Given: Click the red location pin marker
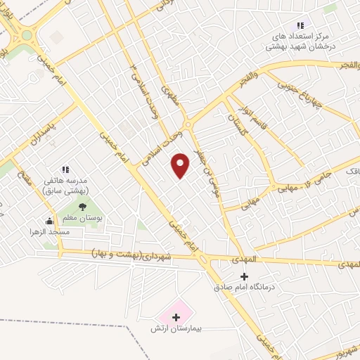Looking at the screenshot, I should (181, 165).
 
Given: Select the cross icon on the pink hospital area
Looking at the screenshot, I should (176, 318).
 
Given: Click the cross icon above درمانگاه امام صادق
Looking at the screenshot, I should (244, 276).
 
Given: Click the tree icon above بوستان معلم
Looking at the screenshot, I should (83, 207).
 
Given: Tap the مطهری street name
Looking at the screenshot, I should (171, 96).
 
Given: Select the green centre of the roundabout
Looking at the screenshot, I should (27, 34).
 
